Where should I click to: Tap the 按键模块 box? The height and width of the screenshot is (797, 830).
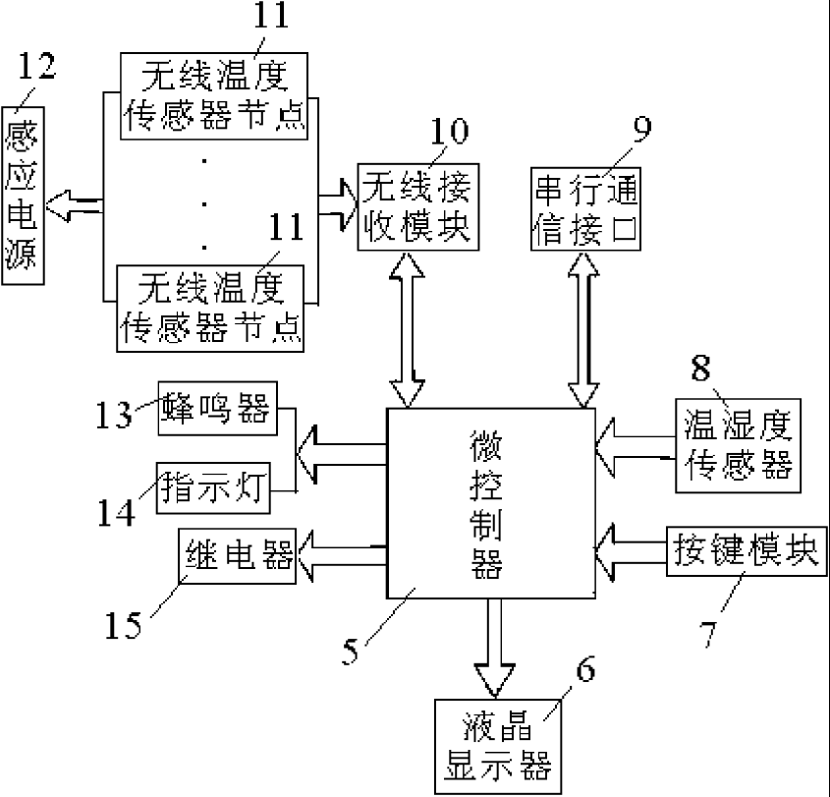744,550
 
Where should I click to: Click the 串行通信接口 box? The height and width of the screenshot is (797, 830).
585,208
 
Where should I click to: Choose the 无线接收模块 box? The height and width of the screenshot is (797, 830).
417,205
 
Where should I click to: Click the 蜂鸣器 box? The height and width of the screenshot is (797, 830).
217,409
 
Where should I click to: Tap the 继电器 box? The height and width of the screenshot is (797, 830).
237,557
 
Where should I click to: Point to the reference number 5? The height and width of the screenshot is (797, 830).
351,650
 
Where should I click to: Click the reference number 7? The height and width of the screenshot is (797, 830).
713,634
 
